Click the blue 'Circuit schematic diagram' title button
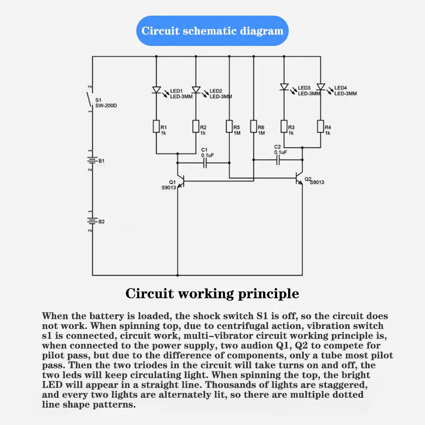click(212, 31)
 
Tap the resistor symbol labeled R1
click(156, 126)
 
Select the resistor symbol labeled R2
click(196, 126)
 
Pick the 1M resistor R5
click(229, 126)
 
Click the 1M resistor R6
click(254, 126)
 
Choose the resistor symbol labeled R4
click(320, 126)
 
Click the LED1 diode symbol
click(156, 90)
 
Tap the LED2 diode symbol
click(196, 90)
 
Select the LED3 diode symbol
click(283, 87)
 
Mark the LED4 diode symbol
click(320, 87)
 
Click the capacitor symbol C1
click(205, 163)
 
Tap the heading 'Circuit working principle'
click(212, 294)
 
